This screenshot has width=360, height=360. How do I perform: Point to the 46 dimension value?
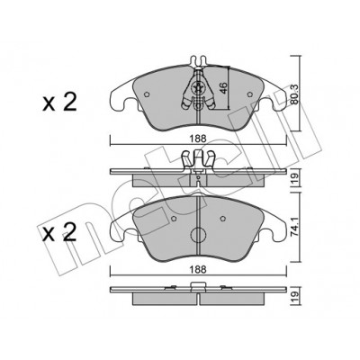click(x=224, y=87)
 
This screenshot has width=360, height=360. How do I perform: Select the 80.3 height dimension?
click(x=295, y=94)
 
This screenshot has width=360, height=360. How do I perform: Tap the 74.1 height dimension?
click(x=295, y=230)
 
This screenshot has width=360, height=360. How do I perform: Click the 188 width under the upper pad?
click(x=198, y=139)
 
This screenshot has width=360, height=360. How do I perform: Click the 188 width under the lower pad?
click(x=198, y=270)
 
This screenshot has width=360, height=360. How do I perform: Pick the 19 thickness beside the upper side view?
click(x=295, y=179)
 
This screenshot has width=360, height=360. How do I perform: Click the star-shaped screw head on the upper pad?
click(x=198, y=87)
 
